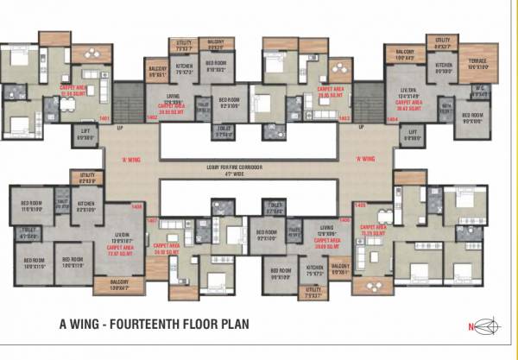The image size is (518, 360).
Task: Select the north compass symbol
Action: pos(486,325)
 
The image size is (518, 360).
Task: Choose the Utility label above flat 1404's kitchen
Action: pos(443,40)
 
